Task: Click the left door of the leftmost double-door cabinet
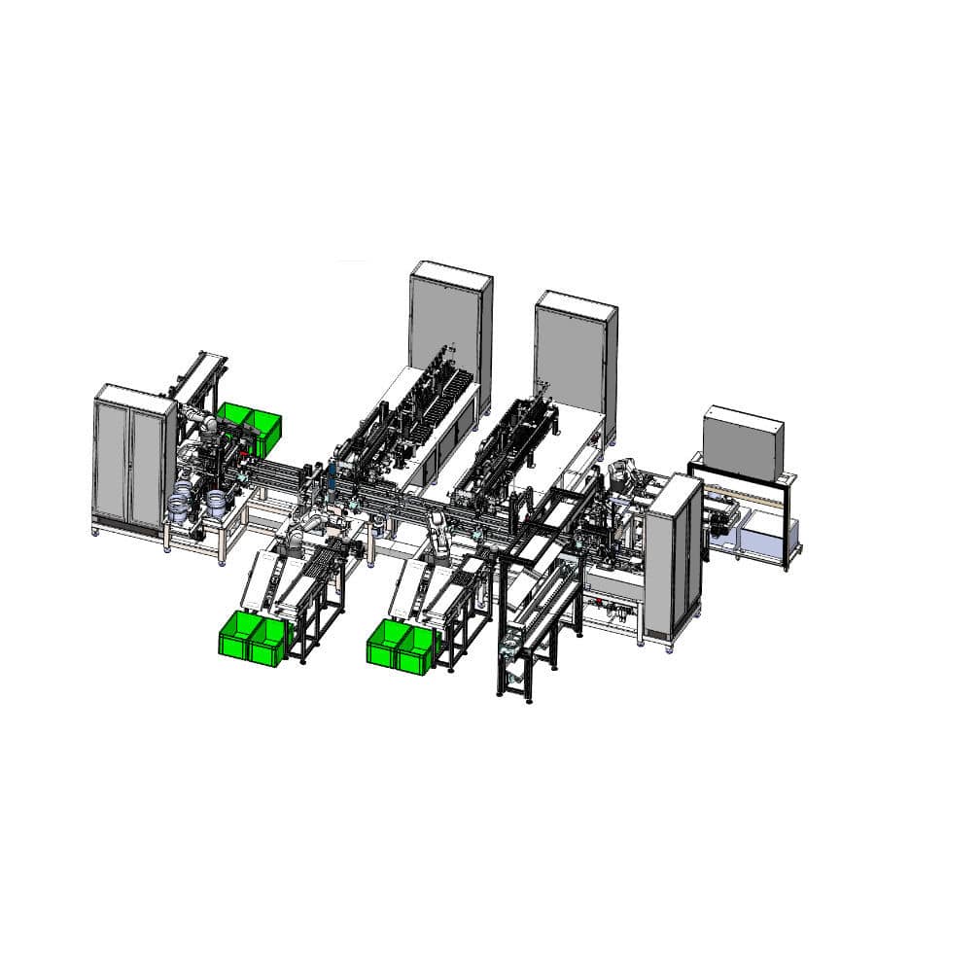[113, 457]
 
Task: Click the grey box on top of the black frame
[743, 443]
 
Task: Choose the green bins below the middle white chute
[401, 646]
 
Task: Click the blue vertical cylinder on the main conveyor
[331, 476]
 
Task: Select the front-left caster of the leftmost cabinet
[96, 531]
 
